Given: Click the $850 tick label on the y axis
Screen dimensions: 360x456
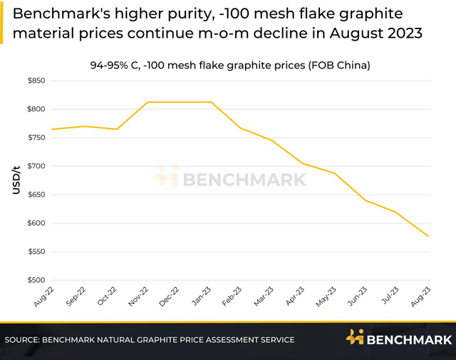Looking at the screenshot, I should pyautogui.click(x=35, y=81).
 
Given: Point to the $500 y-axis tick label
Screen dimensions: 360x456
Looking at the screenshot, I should pyautogui.click(x=35, y=281).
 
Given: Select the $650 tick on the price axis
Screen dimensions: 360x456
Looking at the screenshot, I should pyautogui.click(x=35, y=195).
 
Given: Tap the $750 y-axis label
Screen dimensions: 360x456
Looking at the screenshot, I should pyautogui.click(x=35, y=138).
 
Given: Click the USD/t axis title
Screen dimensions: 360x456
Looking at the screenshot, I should pyautogui.click(x=16, y=180).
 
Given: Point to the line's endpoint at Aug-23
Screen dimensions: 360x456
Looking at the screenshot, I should pyautogui.click(x=429, y=236).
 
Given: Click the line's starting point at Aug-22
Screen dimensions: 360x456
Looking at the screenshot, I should pyautogui.click(x=52, y=129).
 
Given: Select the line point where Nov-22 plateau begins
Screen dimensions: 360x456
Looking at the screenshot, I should pyautogui.click(x=147, y=102).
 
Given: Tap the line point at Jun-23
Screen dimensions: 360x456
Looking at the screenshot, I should pyautogui.click(x=366, y=200).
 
